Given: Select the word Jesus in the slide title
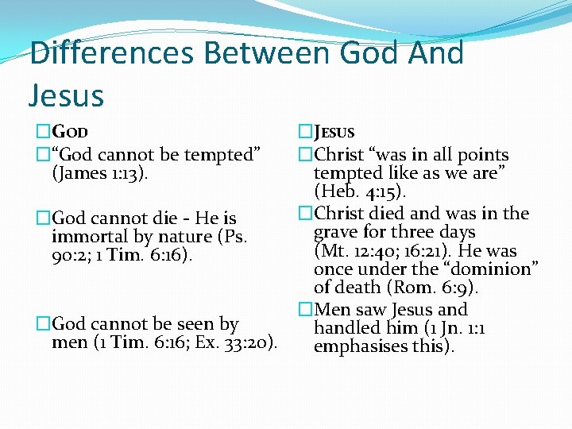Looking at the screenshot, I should tap(66, 95).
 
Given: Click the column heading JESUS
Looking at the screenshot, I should tap(334, 133).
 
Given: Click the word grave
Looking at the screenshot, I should tap(336, 232).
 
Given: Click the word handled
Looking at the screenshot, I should tap(346, 328).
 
